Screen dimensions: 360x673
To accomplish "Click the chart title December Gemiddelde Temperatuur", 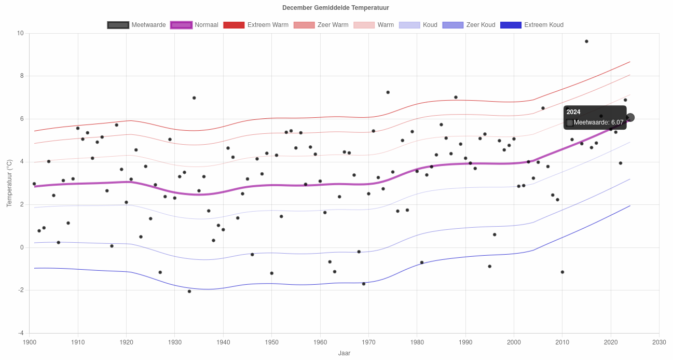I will click(x=335, y=8).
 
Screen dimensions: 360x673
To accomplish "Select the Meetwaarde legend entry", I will click(x=136, y=25).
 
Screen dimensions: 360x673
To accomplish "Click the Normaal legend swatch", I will click(x=181, y=25).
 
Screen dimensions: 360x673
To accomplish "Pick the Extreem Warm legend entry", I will click(x=256, y=25).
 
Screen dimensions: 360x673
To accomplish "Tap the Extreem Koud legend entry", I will click(x=531, y=25).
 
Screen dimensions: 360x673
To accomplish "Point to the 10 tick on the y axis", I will click(x=20, y=33).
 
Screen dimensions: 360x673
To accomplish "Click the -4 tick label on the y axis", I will click(x=21, y=333).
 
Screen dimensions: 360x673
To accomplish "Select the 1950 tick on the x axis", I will click(x=272, y=342).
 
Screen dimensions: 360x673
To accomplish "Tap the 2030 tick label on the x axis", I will click(x=659, y=342).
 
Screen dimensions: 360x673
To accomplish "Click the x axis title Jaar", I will click(x=344, y=353).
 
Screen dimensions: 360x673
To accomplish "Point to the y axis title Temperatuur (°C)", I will click(x=9, y=183).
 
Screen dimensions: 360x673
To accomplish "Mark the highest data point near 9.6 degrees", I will click(x=586, y=41).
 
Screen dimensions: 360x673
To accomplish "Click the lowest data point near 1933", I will click(x=189, y=291).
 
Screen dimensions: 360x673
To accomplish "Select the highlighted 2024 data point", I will click(x=630, y=118).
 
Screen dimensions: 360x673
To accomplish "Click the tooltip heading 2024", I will click(x=573, y=112).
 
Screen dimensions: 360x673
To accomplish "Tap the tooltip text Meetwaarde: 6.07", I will click(x=598, y=122).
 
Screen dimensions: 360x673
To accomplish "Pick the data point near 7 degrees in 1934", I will click(x=194, y=98).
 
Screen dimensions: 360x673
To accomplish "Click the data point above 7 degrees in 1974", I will click(x=388, y=92).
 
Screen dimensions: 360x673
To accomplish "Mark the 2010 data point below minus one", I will click(x=562, y=272).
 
